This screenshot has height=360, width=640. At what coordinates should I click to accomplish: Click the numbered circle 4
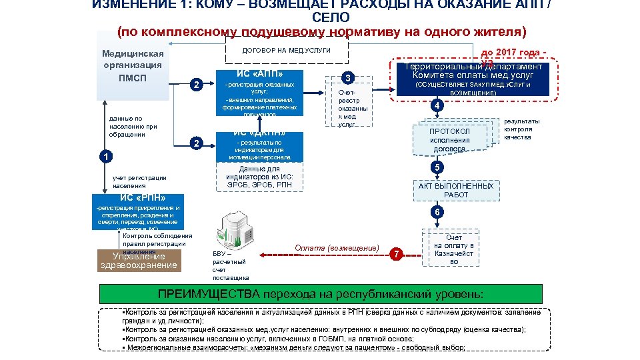[435, 107]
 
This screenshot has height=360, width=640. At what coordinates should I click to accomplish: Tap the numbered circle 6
[435, 212]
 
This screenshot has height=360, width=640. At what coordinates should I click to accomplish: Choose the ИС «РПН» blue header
[143, 197]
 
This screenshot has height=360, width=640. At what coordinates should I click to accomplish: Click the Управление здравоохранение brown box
[139, 261]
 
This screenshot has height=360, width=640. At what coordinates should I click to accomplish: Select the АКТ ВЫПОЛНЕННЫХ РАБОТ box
[456, 190]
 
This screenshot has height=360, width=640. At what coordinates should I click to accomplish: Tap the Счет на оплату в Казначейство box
[453, 249]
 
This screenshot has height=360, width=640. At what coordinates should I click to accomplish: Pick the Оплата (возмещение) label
[337, 248]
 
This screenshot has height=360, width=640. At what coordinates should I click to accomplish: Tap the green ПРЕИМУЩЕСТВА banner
[320, 294]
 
